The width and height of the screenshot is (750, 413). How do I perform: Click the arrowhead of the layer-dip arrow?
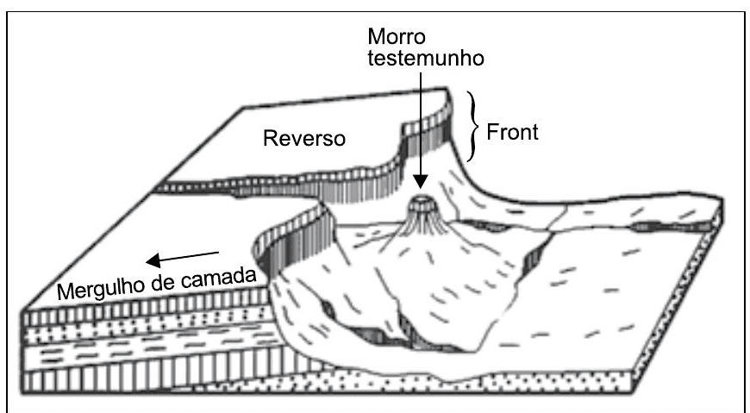tap(150, 259)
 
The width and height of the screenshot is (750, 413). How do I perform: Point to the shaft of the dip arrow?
tap(185, 254)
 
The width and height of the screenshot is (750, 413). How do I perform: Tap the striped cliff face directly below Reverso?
tap(284, 180)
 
